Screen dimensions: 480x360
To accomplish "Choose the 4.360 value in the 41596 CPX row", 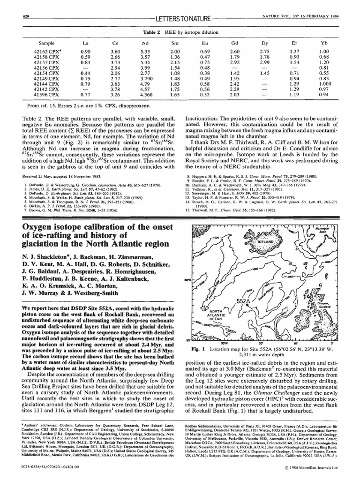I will pyautogui.click(x=145, y=95).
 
